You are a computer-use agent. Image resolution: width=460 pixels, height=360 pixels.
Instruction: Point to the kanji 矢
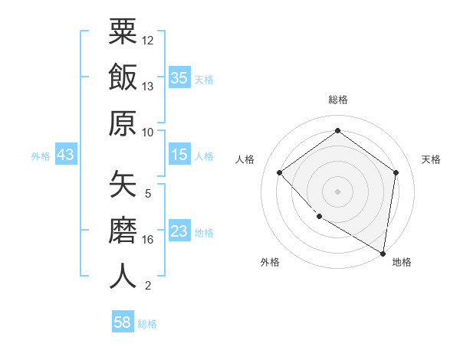coord(123,185)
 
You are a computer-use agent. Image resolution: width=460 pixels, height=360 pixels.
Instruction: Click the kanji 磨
coord(123,231)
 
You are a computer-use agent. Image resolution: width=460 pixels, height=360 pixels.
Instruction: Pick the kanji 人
coord(123,277)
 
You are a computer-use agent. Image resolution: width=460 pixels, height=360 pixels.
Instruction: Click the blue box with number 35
coord(179,77)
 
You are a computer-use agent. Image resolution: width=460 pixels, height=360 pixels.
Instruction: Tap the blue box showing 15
coord(179,155)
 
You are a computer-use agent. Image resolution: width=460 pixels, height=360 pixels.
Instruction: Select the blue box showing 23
coord(179,232)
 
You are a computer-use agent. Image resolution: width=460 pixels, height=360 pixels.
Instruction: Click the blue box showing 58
coord(123,322)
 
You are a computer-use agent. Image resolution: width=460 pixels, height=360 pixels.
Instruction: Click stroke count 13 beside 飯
coord(148,87)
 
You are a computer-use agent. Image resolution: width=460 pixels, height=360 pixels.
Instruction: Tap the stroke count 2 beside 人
coord(148,286)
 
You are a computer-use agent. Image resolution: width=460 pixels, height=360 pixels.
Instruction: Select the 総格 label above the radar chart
coord(337,100)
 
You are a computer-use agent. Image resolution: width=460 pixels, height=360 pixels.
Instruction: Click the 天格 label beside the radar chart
coord(431,159)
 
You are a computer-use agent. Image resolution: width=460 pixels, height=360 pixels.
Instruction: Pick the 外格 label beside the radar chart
coord(270,263)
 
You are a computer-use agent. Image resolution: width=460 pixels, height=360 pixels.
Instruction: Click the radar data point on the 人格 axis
coord(280,172)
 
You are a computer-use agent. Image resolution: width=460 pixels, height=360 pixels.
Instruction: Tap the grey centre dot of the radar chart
coord(337,191)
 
